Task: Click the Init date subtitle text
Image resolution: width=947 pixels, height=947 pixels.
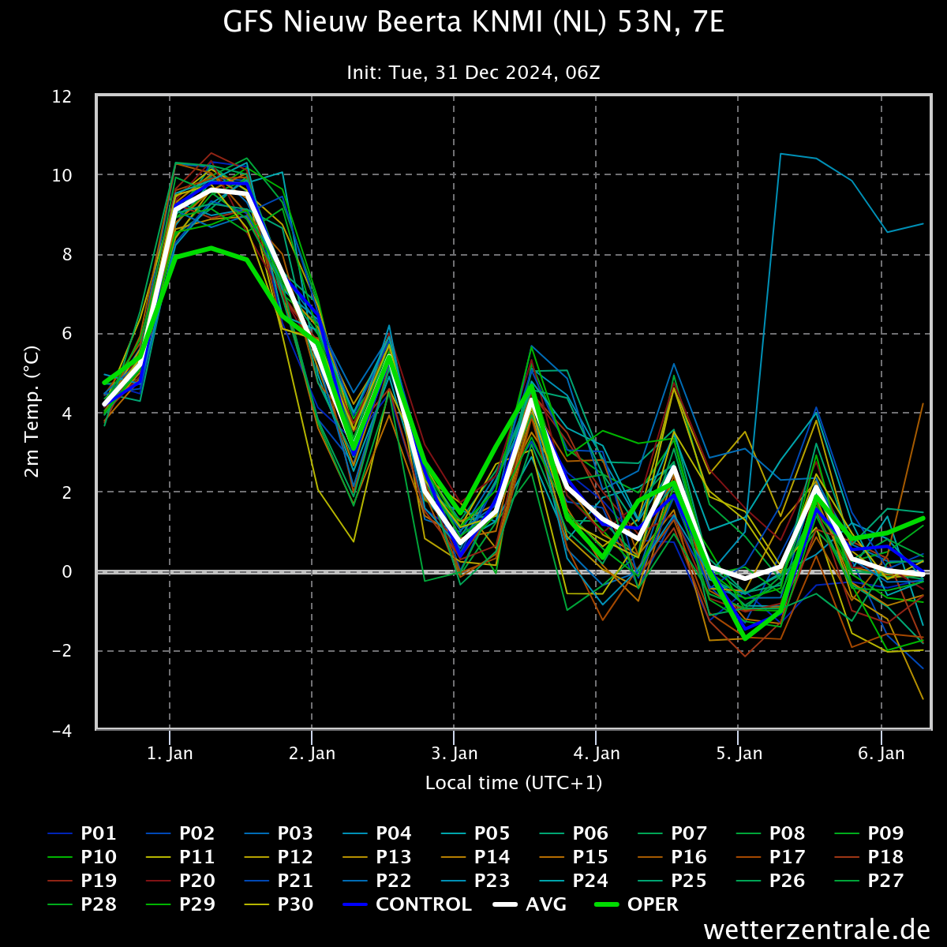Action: tap(473, 73)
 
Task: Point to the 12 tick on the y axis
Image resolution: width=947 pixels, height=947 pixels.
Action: tap(62, 97)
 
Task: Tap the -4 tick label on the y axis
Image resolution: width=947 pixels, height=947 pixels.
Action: tap(62, 731)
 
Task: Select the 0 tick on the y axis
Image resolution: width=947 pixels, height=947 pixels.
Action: tap(67, 571)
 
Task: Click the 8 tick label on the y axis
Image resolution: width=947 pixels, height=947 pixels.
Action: tap(67, 255)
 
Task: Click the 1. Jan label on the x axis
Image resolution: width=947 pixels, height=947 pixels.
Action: tap(170, 754)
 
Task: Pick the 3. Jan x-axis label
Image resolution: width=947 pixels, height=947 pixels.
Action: tap(454, 754)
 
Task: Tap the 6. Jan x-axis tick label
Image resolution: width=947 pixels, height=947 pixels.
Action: tap(881, 754)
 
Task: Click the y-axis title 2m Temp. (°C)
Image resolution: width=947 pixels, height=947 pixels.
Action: tap(32, 412)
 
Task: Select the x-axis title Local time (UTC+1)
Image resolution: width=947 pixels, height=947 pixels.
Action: tap(514, 783)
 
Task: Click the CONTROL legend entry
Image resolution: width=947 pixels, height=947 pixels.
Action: tap(408, 904)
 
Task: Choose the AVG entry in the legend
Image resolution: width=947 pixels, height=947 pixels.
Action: tap(530, 904)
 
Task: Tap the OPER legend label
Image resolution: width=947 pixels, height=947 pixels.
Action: tap(636, 904)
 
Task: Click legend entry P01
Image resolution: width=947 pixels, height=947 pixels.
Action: tap(82, 833)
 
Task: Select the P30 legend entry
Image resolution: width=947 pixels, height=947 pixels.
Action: tap(279, 904)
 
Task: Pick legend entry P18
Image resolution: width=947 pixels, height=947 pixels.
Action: tap(869, 857)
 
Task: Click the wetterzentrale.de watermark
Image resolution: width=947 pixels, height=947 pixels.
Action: tap(817, 930)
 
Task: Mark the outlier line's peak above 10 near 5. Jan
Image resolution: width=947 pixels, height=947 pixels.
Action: tap(780, 154)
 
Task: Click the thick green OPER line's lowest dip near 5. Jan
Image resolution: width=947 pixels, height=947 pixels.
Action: tap(745, 639)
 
